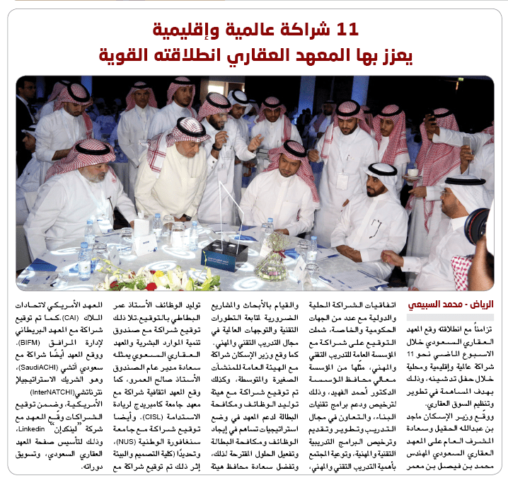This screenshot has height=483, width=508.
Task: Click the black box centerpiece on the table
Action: [x=225, y=252]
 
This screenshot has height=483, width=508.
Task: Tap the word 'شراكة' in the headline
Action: [x=312, y=29]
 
